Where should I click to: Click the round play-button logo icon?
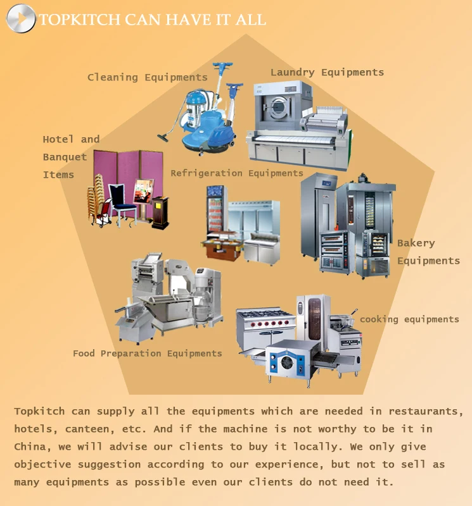20,18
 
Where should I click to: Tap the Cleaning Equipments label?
147,77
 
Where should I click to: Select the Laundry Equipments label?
327,72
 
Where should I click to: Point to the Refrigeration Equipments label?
236,173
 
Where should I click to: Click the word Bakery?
416,243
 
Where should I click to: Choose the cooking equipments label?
409,319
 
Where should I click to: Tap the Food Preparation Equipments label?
147,353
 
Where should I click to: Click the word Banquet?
65,157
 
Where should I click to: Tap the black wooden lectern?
160,213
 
